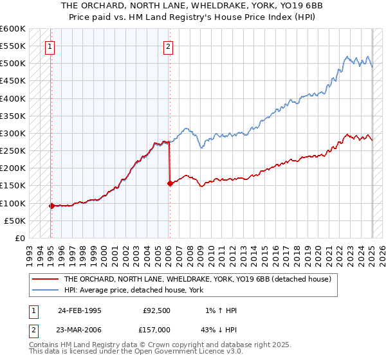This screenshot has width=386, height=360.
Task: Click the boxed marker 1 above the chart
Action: coord(50,46)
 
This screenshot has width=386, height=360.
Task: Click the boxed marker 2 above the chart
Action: coord(168,46)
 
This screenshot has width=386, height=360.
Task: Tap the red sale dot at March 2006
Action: coord(170,183)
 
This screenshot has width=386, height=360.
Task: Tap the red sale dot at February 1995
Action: coord(51,206)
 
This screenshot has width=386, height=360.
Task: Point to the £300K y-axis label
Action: coord(13,134)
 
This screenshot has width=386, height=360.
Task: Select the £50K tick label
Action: coord(15,221)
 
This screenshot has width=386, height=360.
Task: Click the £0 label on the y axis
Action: coord(19,238)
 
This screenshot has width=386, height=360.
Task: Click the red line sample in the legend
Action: coord(45,279)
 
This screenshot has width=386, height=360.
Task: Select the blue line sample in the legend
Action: coord(45,290)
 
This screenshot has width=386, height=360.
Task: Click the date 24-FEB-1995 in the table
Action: coord(79,310)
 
